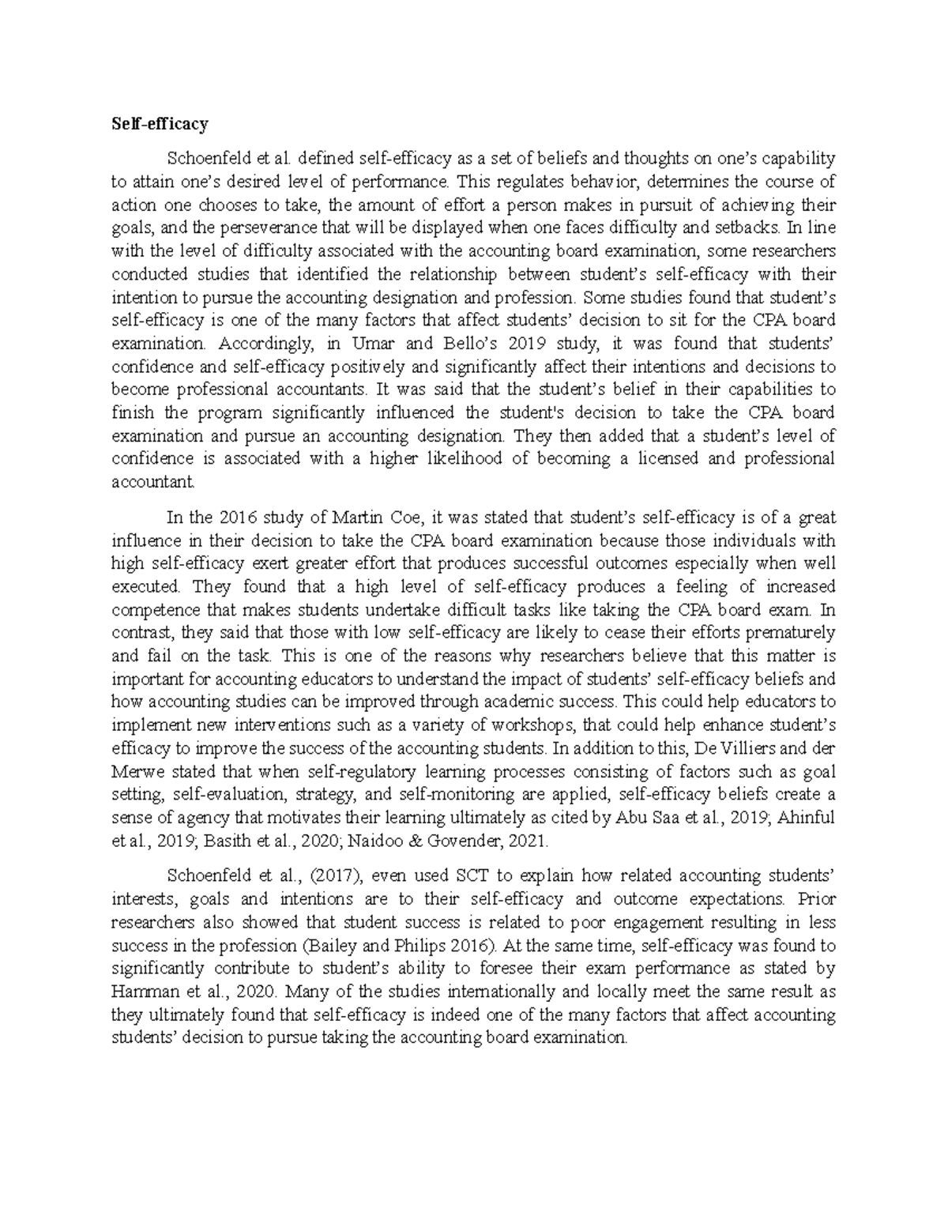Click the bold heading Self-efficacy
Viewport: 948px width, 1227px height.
coord(160,124)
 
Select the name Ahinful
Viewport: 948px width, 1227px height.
coord(807,818)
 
